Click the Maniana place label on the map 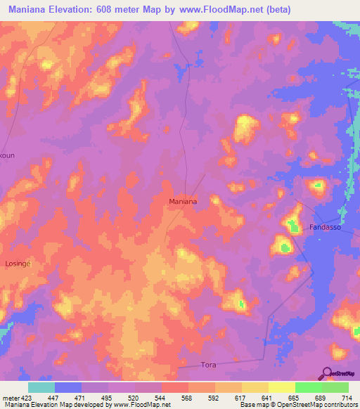pyautogui.click(x=183, y=201)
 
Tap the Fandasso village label pyautogui.click(x=325, y=227)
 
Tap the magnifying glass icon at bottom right pyautogui.click(x=327, y=372)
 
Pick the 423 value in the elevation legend pyautogui.click(x=26, y=398)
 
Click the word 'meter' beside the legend pyautogui.click(x=9, y=398)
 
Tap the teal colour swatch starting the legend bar pyautogui.click(x=41, y=387)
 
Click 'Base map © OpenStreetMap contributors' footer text pyautogui.click(x=298, y=405)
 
